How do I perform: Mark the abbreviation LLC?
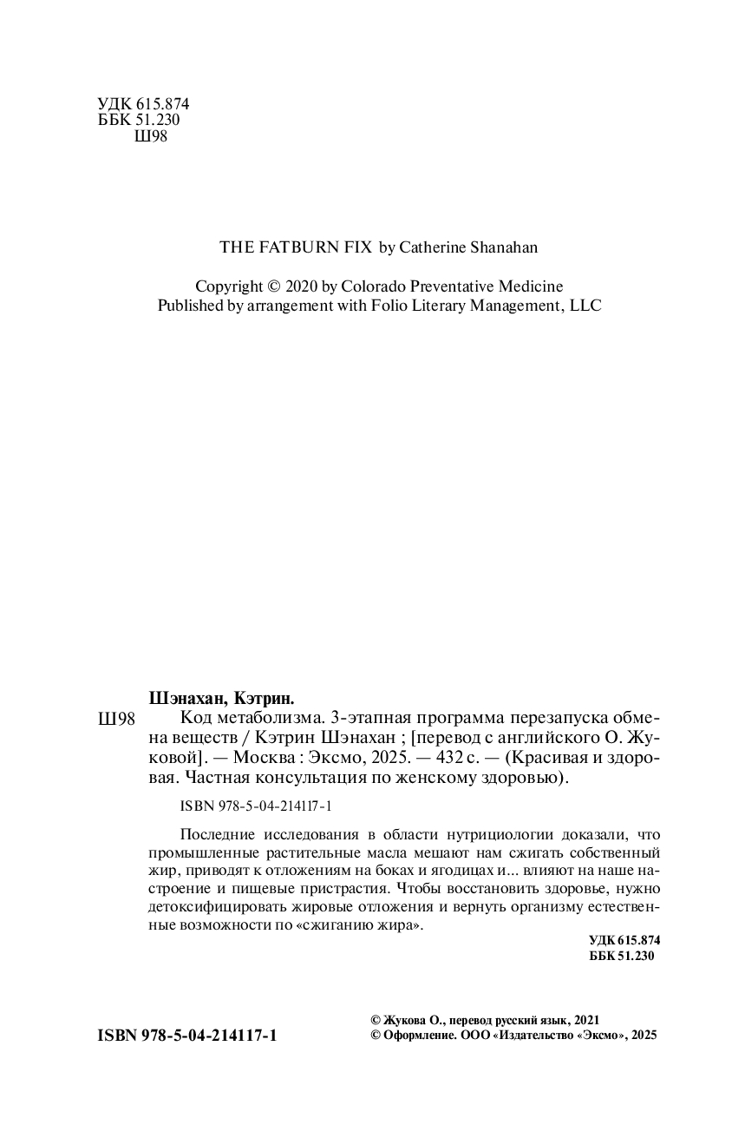584,306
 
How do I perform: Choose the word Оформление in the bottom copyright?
415,1036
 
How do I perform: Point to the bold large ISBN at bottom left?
187,1036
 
